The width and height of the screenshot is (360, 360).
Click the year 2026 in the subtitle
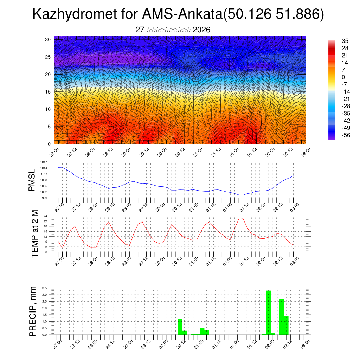coord(201,30)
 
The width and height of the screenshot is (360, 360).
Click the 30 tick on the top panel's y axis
coord(47,39)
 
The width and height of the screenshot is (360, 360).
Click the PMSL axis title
coord(32,180)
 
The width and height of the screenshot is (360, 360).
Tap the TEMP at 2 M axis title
coord(35,234)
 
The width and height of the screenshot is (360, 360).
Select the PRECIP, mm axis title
coord(33,311)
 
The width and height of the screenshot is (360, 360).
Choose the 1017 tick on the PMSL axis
coord(44,162)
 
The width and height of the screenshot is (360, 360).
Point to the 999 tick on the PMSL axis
coord(44,198)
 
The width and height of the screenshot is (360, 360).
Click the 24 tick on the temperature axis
coord(45,216)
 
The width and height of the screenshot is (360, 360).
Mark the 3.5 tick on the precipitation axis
coord(44,288)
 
